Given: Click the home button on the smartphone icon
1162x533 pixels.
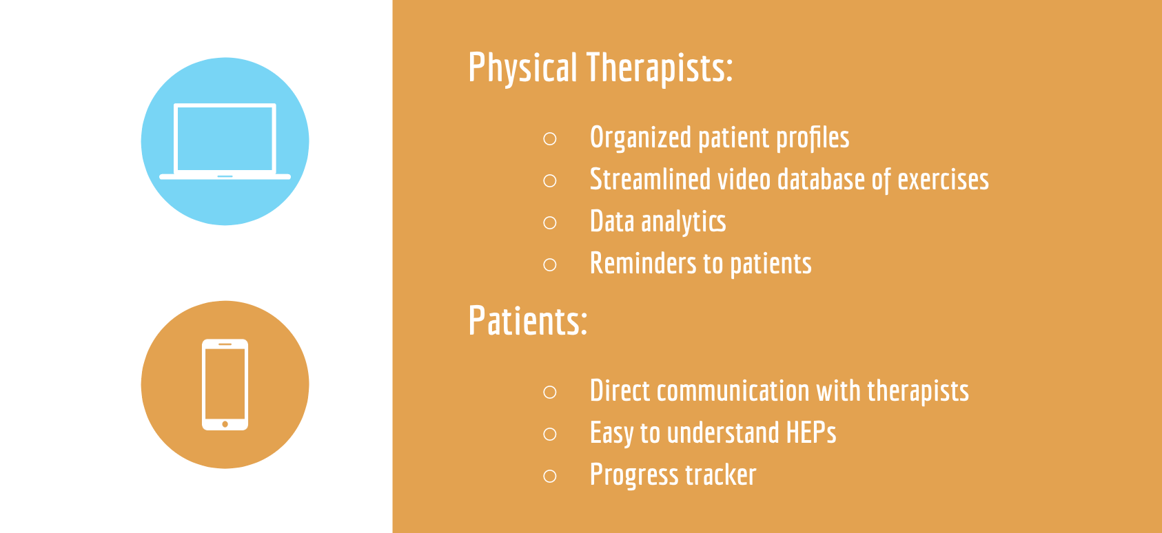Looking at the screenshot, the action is [225, 424].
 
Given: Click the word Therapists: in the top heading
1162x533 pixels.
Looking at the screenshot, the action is [660, 67].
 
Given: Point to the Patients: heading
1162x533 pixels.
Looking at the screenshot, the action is [527, 320].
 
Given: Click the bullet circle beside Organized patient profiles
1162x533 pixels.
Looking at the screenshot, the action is [550, 138].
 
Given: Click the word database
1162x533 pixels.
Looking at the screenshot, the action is [821, 179].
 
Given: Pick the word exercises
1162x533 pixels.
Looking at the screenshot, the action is [943, 180].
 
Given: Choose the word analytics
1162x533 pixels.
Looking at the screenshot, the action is [683, 222].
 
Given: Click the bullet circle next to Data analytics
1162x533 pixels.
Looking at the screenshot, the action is [550, 222].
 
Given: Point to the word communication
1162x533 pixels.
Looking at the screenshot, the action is [733, 390].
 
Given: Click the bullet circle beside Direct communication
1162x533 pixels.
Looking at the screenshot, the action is [550, 391].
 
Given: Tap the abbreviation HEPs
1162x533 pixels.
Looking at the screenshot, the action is [811, 432].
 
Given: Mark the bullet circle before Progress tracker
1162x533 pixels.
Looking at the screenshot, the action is [550, 476].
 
